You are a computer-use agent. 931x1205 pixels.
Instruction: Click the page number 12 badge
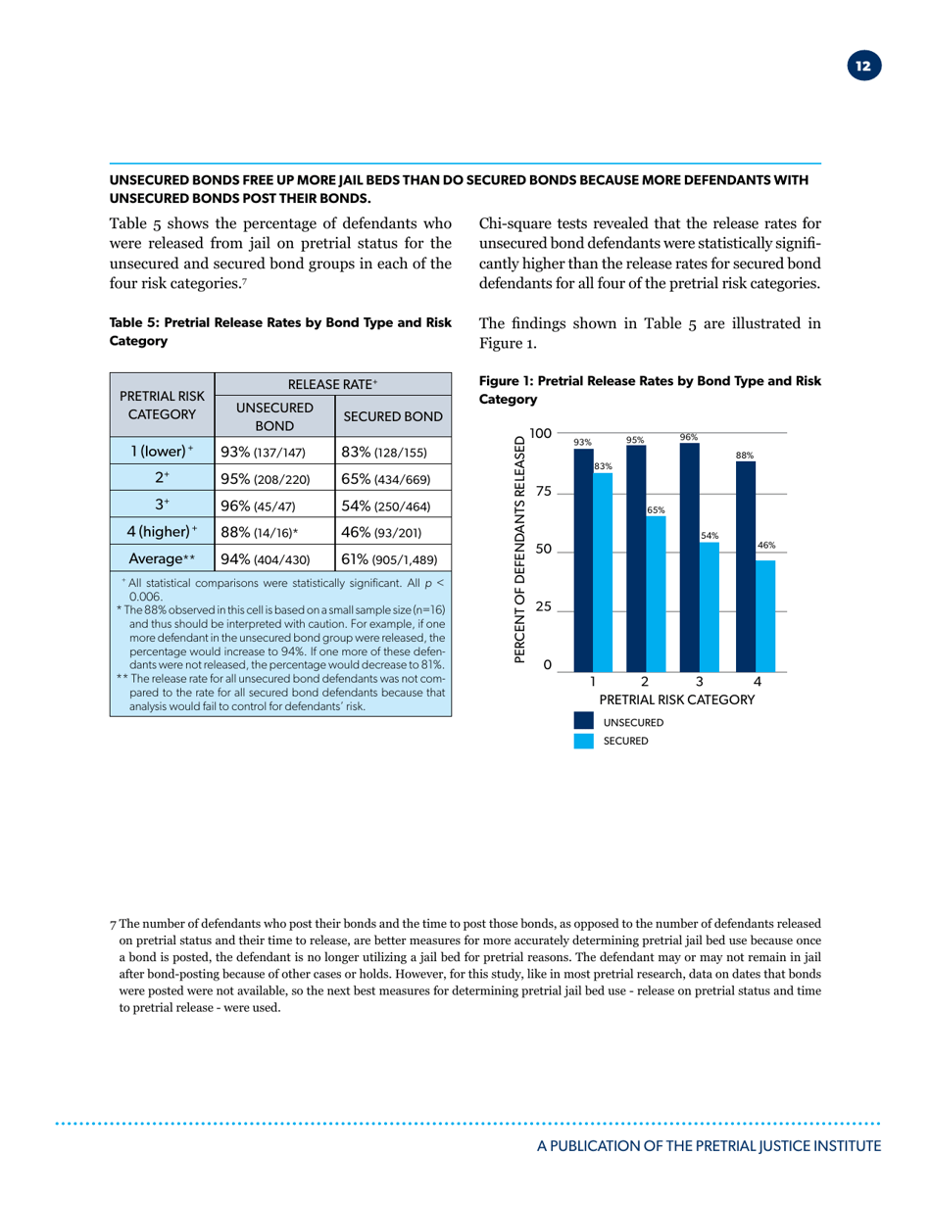pos(862,67)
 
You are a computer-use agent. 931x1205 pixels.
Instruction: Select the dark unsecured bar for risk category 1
pos(583,558)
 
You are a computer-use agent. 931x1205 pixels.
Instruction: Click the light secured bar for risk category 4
pos(765,615)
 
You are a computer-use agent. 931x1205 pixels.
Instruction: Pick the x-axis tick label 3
pos(699,681)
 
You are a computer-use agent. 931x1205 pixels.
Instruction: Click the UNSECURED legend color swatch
pos(585,722)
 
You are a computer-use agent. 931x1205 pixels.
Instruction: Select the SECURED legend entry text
pos(625,742)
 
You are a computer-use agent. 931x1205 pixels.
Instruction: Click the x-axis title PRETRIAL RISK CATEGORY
pos(676,700)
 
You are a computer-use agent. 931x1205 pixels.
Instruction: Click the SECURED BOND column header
pos(392,416)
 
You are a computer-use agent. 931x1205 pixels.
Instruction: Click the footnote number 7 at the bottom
pos(114,923)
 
